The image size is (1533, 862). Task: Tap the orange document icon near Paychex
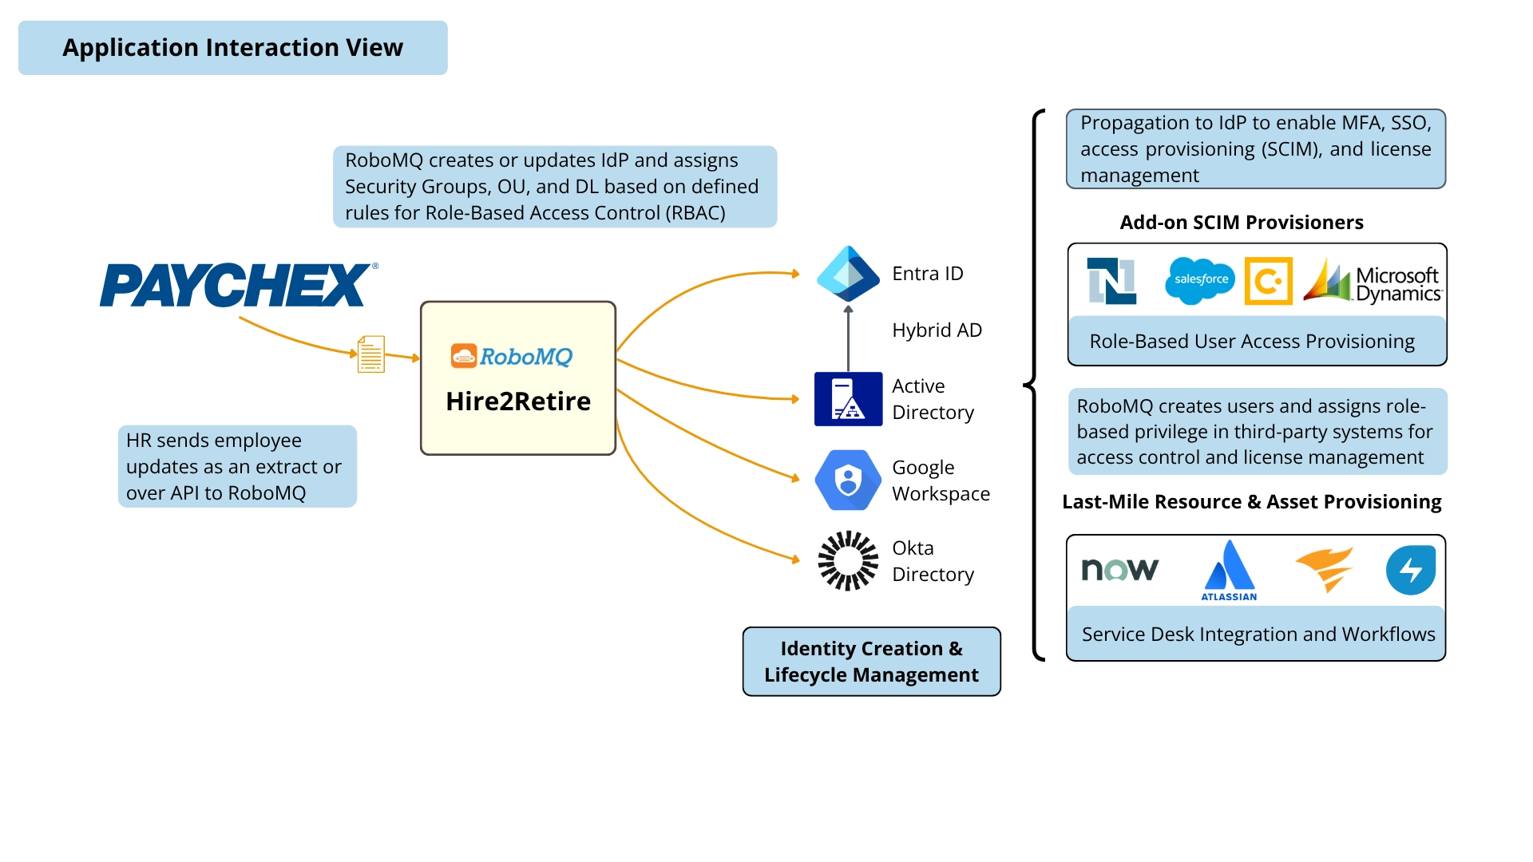pos(370,354)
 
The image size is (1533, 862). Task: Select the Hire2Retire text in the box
pos(518,401)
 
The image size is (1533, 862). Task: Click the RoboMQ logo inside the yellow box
pos(512,356)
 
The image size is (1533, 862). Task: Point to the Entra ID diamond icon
pos(848,273)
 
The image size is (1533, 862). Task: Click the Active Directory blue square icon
pos(848,399)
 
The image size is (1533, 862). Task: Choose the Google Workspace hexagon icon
pos(848,480)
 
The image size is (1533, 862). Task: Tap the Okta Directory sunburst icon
pos(848,560)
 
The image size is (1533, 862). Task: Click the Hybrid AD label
pos(937,330)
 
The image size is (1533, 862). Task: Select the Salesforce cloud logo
pos(1200,280)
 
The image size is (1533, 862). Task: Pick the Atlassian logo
pos(1229,570)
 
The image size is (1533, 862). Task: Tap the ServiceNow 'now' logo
pos(1119,569)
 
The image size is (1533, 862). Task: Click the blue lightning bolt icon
pos(1410,570)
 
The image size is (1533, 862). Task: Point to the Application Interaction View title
pos(232,48)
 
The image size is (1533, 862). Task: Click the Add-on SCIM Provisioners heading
pos(1241,222)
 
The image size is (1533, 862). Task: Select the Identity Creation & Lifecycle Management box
pos(871,662)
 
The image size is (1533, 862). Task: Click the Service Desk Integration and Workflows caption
pos(1258,634)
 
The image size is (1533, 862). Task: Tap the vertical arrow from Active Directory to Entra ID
pos(848,339)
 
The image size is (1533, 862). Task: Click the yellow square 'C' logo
pos(1268,281)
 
